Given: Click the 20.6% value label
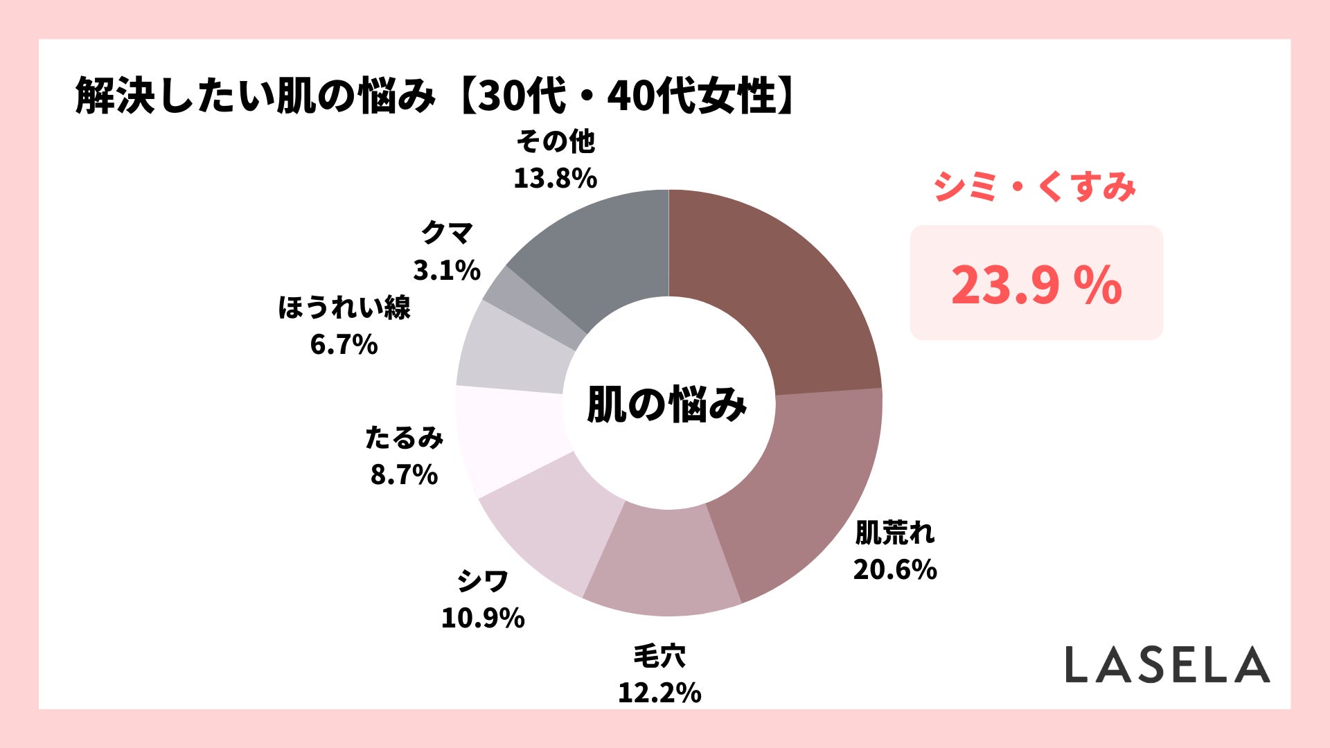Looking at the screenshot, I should click(x=895, y=569).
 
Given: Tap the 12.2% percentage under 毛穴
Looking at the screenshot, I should click(x=659, y=692).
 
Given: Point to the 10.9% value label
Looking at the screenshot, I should click(x=483, y=618).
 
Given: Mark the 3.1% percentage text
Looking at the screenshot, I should click(x=447, y=269).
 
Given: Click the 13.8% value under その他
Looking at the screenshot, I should click(x=555, y=178).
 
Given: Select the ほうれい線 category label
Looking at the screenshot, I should click(x=344, y=308).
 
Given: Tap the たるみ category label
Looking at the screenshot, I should click(x=404, y=438).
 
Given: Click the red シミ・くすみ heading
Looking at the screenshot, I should click(x=1034, y=187).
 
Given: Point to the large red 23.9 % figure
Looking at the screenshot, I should click(x=1036, y=285).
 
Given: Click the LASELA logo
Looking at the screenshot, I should click(x=1167, y=665).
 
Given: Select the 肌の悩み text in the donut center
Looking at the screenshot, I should click(x=667, y=404).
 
